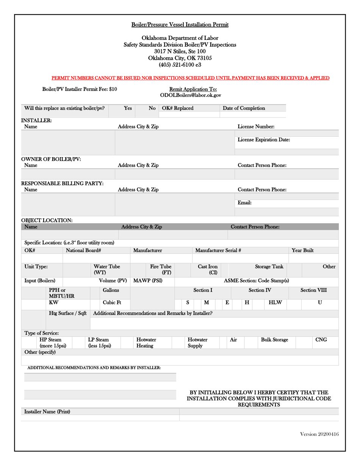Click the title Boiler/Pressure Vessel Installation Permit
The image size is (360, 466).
tap(180, 25)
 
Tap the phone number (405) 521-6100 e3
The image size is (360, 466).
tap(180, 65)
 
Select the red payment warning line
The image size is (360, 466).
tap(190, 78)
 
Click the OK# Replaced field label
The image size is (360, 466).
tap(177, 108)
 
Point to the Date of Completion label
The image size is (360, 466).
tap(244, 108)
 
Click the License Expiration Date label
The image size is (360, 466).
tap(264, 140)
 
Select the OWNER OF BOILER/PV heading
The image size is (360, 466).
tap(51, 159)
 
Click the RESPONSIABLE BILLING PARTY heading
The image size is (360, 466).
tap(62, 183)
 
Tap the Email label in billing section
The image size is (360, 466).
tap(244, 203)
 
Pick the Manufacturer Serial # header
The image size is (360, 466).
tap(218, 250)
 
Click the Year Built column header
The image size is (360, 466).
tap(302, 250)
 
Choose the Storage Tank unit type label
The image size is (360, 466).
tap(269, 267)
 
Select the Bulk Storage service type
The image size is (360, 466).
tap(274, 340)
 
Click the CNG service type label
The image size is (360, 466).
tap(321, 340)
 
